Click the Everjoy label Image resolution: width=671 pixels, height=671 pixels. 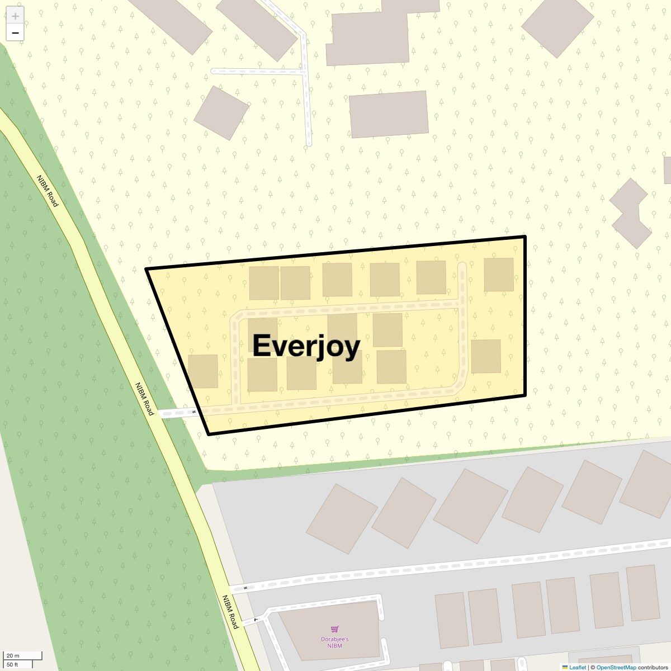coord(306,346)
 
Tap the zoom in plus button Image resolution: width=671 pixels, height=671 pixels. coord(15,16)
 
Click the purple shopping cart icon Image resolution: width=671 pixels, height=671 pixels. coord(335,630)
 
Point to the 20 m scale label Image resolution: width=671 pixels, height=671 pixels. coord(13,655)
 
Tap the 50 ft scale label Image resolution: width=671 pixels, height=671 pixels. coord(13,664)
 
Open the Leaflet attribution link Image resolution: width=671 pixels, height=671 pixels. coord(577,667)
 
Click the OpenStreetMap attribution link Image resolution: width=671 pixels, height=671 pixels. coord(616,667)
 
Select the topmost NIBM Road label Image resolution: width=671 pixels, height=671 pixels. coord(48,191)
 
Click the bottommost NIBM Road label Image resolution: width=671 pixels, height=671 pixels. coord(230,612)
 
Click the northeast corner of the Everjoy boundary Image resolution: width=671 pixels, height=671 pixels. coord(525,237)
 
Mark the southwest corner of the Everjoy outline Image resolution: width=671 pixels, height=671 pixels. coord(209,434)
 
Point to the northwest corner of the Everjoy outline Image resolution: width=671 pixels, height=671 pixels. coord(147,269)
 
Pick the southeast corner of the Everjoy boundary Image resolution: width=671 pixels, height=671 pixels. coord(526,396)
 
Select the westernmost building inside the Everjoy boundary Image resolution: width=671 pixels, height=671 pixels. coord(203,371)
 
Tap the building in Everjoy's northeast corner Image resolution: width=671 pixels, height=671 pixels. coord(499,275)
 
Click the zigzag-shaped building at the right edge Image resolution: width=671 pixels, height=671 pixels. coord(631,213)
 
